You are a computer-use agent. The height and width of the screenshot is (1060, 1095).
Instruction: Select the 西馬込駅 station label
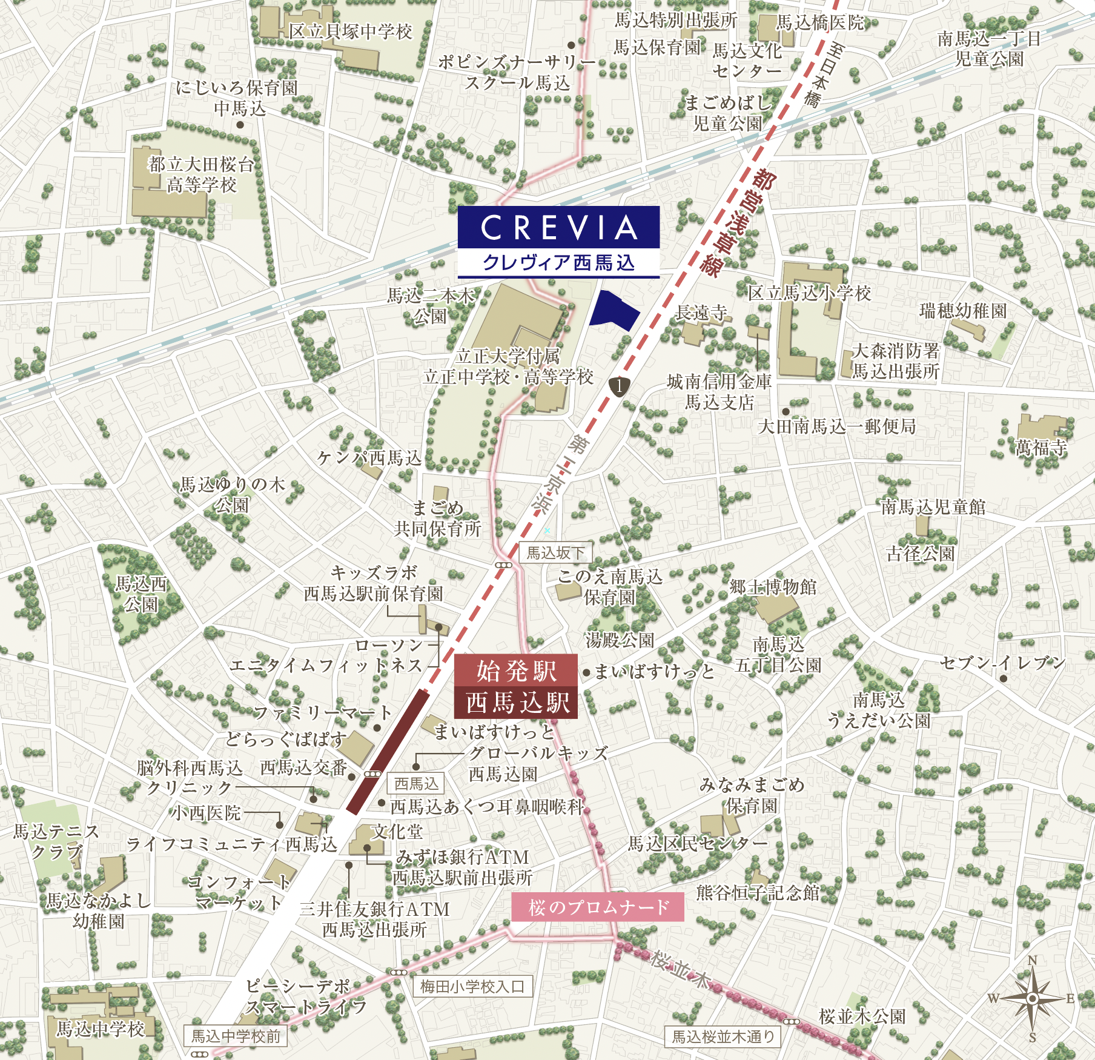517,703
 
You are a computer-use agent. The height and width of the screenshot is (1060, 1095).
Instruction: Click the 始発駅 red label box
516,671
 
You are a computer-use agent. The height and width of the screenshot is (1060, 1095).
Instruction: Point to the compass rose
1032,998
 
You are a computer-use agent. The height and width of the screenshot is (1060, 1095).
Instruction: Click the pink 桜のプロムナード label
598,907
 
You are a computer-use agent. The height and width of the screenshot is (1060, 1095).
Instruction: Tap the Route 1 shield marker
619,385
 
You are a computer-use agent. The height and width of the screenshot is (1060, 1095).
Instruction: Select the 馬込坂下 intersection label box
555,552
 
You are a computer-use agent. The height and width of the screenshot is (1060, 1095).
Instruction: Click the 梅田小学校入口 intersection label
472,987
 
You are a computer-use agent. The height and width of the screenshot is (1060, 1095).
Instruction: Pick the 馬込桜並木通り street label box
723,1036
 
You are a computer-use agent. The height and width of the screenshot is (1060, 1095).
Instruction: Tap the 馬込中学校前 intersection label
236,1036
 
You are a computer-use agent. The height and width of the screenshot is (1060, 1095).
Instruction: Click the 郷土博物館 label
773,587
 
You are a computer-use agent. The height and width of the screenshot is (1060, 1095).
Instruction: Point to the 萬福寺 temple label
1041,447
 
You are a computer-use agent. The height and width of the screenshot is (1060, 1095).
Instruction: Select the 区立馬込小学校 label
809,293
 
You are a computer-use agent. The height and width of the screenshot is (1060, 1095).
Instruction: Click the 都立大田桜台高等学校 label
201,174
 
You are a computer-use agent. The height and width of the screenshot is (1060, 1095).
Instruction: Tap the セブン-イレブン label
1002,663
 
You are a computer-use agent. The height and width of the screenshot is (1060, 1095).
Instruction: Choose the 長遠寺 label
701,313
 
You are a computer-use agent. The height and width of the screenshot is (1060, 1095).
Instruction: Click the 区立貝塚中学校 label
350,31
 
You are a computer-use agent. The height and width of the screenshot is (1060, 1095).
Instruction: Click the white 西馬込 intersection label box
416,783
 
